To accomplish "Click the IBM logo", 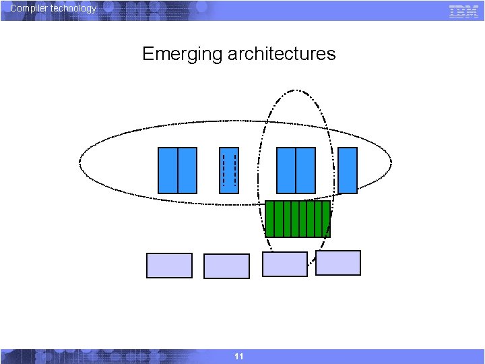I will click(x=463, y=10).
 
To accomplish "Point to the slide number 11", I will click(x=239, y=356).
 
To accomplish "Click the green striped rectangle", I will click(x=298, y=218).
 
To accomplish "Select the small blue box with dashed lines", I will click(x=229, y=171).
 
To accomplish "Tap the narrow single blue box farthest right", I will click(x=348, y=171).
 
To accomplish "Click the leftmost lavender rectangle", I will click(x=169, y=266).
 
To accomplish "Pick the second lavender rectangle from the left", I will click(x=226, y=266).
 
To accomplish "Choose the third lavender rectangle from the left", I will click(x=284, y=264).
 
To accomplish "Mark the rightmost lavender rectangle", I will click(x=338, y=263).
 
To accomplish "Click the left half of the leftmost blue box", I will click(x=168, y=171).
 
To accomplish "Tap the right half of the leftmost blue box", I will click(x=187, y=171).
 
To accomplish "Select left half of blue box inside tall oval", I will click(x=286, y=171).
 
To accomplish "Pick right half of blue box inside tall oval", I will click(x=305, y=171).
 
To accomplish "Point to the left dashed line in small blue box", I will click(x=224, y=171).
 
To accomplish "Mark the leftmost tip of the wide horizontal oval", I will click(x=79, y=162).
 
